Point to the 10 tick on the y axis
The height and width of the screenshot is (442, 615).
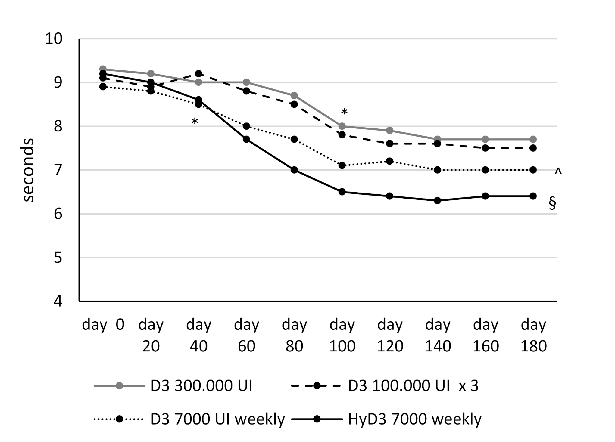point(54,39)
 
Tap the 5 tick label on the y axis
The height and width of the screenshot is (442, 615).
point(58,258)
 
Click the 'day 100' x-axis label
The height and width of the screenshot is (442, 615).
point(342,335)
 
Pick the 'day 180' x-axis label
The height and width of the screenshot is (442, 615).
point(533,335)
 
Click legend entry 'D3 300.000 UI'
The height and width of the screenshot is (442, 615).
point(201,386)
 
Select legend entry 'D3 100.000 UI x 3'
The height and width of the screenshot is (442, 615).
point(413,386)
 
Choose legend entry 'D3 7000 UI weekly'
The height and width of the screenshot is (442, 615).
point(217,419)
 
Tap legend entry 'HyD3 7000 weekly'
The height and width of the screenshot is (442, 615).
point(414,419)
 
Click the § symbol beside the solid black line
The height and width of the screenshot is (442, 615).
point(552,204)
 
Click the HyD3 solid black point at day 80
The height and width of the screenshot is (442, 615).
point(294,170)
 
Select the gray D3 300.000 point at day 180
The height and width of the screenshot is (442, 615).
point(533,139)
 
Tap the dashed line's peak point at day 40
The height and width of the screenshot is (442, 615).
point(198,74)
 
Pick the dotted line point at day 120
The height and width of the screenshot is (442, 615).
point(390,161)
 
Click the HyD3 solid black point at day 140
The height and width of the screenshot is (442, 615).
point(438,201)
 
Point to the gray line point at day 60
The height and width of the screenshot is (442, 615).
point(246,82)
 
